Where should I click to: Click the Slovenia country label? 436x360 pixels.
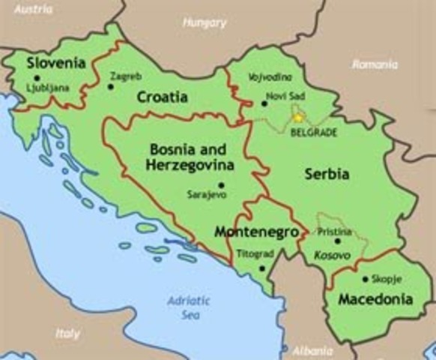point(55,63)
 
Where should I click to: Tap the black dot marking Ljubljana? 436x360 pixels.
point(37,78)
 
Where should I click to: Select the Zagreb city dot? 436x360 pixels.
point(111,86)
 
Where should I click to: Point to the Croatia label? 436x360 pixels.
point(162,97)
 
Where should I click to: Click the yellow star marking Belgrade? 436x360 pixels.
point(298,117)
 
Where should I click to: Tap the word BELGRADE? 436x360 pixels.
point(314,133)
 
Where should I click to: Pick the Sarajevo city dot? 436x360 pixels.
point(220,184)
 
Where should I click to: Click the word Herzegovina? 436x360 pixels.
point(190,164)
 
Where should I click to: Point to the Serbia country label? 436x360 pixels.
point(327,174)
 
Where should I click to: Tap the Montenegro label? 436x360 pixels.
point(250,232)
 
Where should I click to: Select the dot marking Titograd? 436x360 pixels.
point(261,267)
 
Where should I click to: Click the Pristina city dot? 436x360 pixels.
point(337,241)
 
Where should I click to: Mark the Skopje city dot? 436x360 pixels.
point(365,279)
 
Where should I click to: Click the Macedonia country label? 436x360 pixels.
point(375,299)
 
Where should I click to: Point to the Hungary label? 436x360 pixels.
point(204,23)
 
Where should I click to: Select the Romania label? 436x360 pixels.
point(375,65)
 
